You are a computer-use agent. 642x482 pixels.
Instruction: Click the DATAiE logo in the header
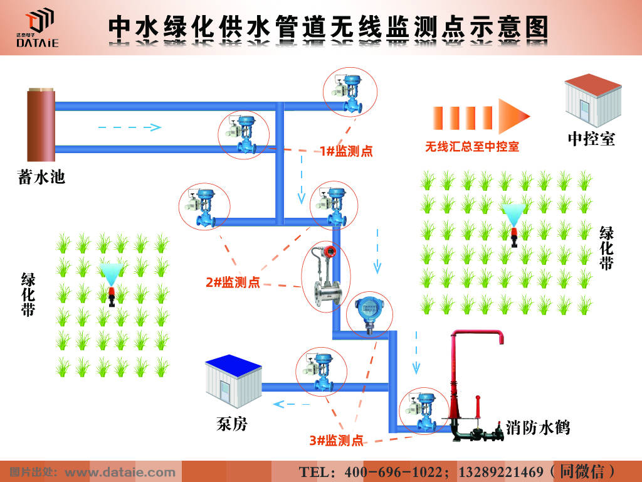[x=38, y=28]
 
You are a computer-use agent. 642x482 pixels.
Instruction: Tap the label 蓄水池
[x=41, y=177]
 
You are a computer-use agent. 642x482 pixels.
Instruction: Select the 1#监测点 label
[x=346, y=151]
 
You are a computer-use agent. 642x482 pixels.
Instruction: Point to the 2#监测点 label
[x=233, y=282]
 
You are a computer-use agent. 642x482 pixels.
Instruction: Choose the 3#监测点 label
[x=336, y=440]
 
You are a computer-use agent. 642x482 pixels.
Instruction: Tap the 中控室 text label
[x=591, y=139]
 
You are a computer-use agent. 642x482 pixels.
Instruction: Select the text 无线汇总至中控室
[x=472, y=147]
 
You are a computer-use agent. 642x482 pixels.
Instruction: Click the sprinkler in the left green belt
[x=112, y=285]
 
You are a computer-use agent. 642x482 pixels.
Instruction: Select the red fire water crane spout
[x=476, y=339]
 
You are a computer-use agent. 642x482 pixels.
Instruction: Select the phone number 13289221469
[x=501, y=471]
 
